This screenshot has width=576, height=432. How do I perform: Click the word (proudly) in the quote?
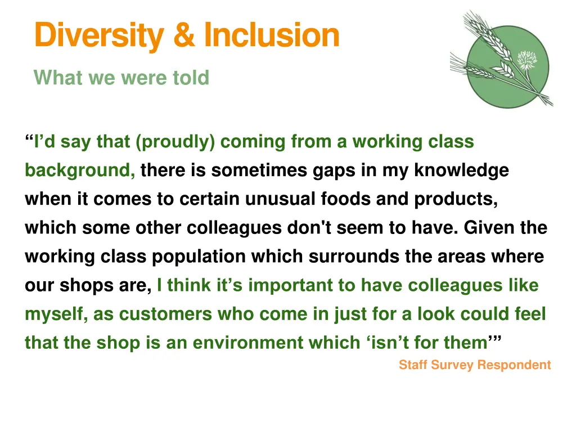click(x=175, y=142)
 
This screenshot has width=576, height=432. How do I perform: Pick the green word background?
click(x=79, y=170)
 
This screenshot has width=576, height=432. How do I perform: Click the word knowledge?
click(x=462, y=170)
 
